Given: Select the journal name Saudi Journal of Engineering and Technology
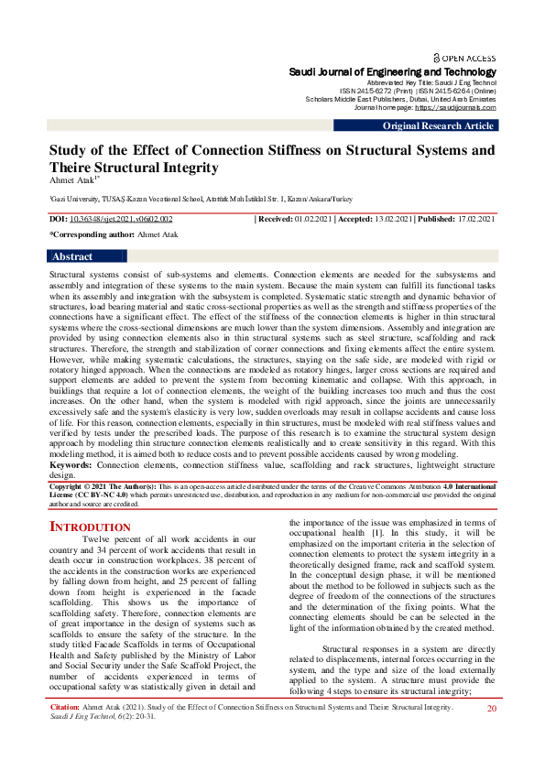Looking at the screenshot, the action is pos(393,71).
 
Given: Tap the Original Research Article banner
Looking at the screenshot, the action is pos(439,126).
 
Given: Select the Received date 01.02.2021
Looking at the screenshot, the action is pos(311,220).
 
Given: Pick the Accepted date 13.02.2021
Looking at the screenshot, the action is pos(389,220).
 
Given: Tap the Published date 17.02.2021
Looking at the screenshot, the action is pos(474,220).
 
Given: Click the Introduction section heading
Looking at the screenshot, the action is pos(90,527).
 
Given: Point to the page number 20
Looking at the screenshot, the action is pos(491,734).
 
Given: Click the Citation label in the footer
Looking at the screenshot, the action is pos(64,733).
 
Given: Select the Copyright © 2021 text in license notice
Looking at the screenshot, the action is pos(82,485).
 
